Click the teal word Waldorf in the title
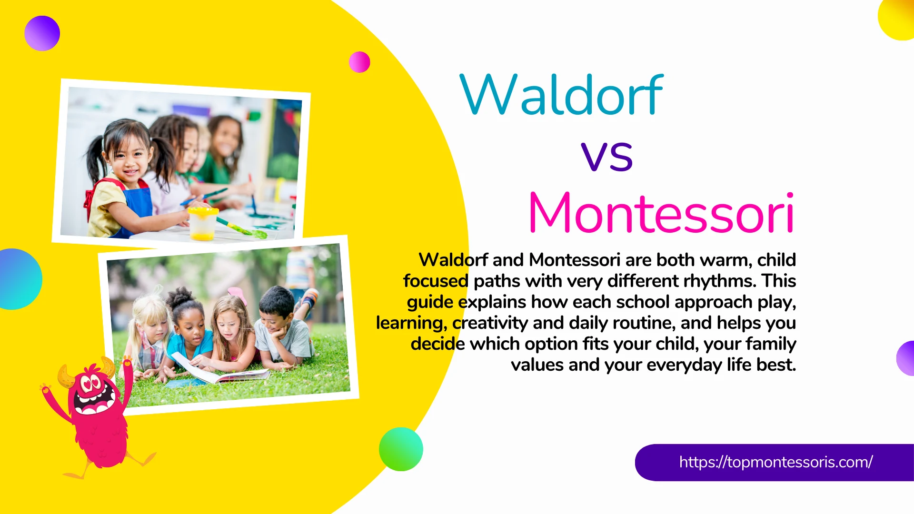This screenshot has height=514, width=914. tap(561, 95)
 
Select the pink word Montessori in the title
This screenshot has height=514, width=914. tap(661, 213)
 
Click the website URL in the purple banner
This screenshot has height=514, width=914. tap(775, 462)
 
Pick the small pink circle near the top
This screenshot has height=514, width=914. tap(359, 62)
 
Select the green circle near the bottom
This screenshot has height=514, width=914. tap(401, 449)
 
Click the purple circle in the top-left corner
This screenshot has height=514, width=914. tap(42, 33)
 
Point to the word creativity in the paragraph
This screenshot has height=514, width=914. tap(490, 323)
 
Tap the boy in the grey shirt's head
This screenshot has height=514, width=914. tap(276, 307)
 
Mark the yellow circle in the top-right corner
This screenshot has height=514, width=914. tap(897, 19)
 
